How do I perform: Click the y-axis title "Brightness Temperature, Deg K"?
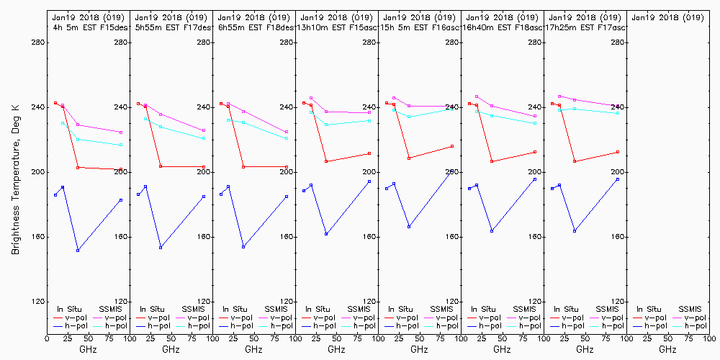[14, 177]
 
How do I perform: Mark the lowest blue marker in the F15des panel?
[78, 250]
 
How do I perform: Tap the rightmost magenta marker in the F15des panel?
[121, 132]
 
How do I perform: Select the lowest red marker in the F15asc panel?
[326, 161]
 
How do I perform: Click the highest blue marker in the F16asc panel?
[452, 171]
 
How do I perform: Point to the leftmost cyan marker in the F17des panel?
[145, 119]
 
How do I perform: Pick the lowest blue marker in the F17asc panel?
[575, 230]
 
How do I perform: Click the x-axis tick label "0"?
[47, 337]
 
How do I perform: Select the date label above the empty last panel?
[667, 17]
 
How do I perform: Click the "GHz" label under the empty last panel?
[667, 349]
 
